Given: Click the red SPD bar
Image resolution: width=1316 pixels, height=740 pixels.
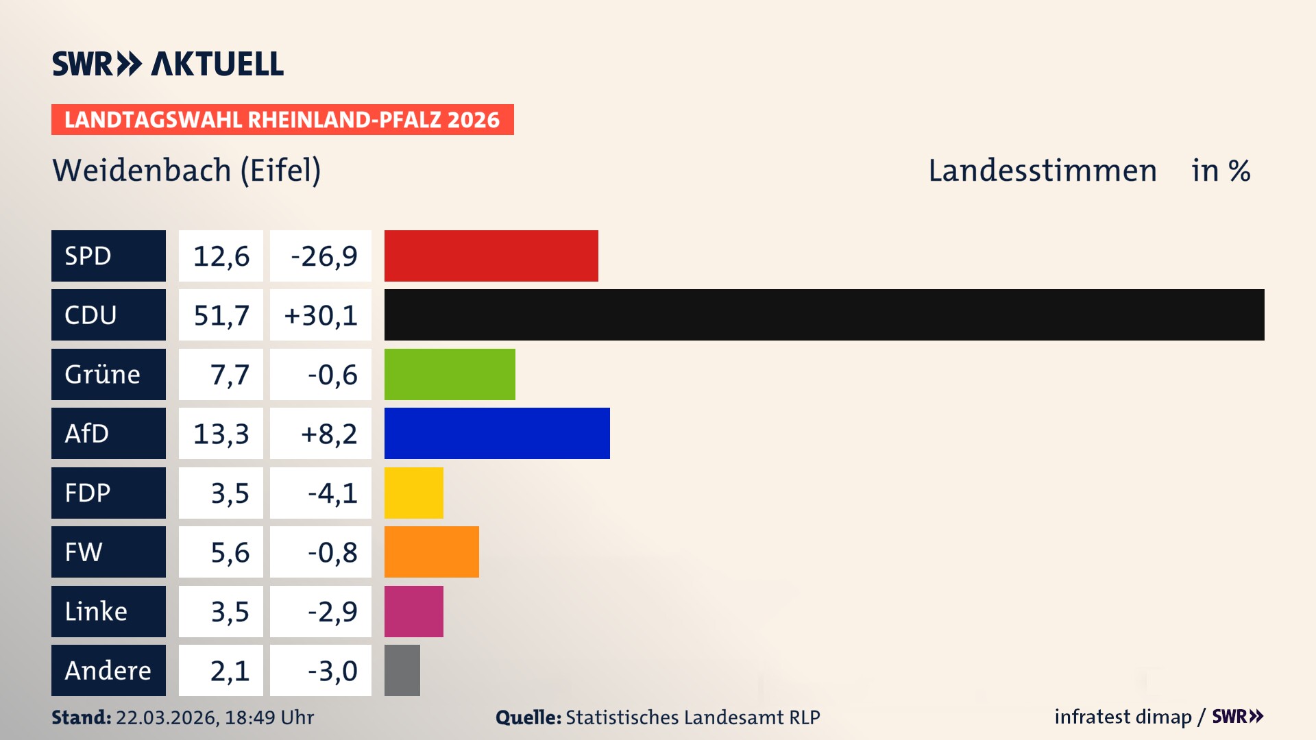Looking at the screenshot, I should [491, 256].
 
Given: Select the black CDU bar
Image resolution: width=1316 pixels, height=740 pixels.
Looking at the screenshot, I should [824, 315].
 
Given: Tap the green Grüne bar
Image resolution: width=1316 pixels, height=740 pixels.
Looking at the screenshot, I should [450, 374].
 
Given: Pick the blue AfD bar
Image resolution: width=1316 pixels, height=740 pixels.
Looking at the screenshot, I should [497, 433].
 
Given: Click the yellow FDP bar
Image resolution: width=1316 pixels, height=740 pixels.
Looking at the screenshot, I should [413, 493].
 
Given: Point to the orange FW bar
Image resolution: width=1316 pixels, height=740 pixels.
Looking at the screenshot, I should [431, 552].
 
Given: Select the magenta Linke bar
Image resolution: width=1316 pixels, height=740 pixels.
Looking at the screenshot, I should [413, 611].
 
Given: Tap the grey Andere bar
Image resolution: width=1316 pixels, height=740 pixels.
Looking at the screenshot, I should [402, 670].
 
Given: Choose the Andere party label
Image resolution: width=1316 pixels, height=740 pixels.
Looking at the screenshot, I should [108, 670].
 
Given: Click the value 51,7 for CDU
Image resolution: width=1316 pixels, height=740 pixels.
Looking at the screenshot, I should [221, 315].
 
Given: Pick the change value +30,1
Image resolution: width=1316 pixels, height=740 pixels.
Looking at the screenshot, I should [321, 315].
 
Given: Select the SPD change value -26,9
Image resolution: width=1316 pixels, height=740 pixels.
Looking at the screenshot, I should [324, 256].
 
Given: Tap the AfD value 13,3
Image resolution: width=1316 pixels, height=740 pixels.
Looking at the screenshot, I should [221, 434].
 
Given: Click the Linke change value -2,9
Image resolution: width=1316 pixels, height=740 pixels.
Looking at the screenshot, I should [332, 611].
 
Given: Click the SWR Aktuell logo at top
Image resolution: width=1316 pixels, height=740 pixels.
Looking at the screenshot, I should [167, 64].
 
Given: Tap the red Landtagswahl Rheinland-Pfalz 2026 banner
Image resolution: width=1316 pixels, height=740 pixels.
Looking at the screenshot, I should [282, 119].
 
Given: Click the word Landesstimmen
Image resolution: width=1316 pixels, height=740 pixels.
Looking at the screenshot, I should [1042, 171].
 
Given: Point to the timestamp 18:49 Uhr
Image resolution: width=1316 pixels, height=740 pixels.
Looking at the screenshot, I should [269, 717].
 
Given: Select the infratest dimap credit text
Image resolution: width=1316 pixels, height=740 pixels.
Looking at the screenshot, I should [1122, 717].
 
